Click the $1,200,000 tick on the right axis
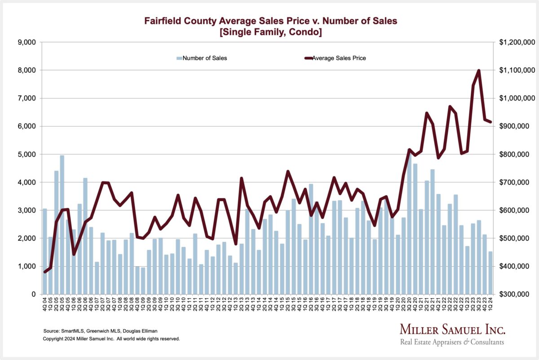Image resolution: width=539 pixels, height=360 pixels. point(517,42)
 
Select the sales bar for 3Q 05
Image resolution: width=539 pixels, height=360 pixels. point(62,224)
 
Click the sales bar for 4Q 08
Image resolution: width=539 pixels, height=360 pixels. point(137,281)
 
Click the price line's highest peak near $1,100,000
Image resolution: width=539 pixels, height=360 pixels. point(479,70)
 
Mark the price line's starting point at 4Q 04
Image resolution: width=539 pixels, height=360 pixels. point(45,272)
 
